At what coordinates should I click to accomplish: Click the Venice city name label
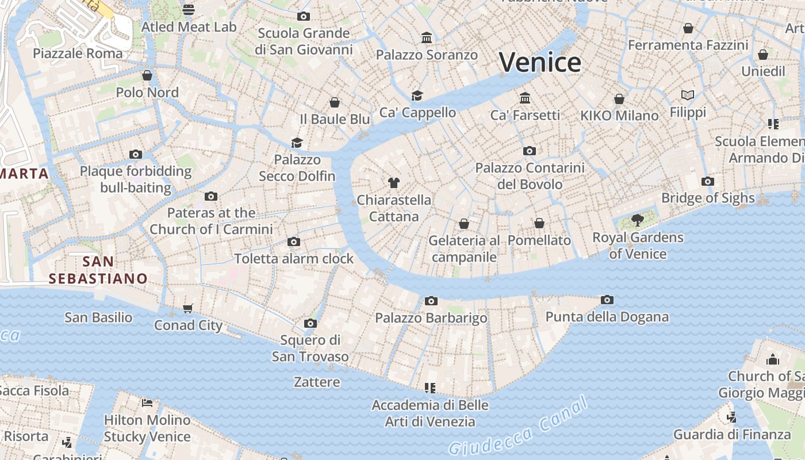540,62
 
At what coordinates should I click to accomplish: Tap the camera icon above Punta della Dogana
607,300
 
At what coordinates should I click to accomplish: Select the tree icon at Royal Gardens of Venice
637,220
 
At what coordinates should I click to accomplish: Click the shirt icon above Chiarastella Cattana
393,183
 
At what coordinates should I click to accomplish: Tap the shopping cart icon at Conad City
188,309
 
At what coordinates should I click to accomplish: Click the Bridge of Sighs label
708,198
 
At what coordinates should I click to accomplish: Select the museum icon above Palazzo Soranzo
427,38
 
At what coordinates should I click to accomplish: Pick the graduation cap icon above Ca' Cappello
417,95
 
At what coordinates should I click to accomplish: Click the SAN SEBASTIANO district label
98,270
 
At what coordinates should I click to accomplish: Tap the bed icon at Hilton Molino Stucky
147,402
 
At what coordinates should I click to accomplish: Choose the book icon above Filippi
688,95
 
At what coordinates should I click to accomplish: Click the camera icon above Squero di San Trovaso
310,323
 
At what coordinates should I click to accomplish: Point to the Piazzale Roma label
78,53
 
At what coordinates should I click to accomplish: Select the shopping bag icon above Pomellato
539,223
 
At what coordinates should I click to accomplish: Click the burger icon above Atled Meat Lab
189,10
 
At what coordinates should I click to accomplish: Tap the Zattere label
317,382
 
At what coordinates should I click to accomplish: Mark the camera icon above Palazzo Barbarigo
431,301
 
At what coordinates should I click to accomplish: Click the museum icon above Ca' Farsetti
524,98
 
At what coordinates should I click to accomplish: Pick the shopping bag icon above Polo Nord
147,75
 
